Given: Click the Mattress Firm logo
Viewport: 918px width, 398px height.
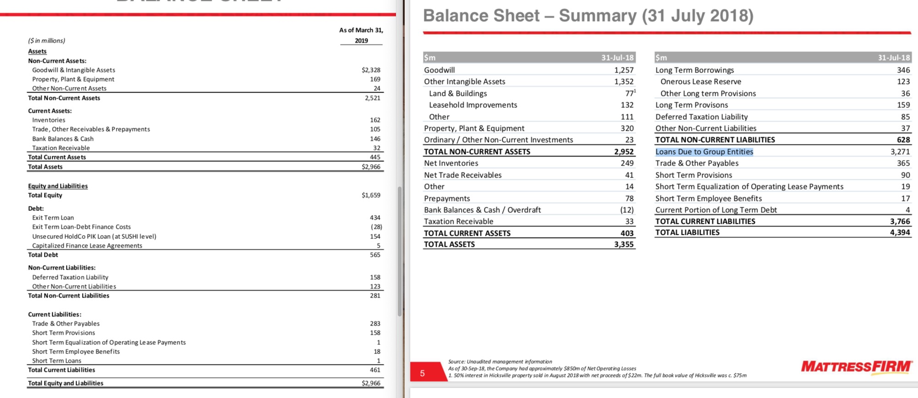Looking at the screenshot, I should point(856,367).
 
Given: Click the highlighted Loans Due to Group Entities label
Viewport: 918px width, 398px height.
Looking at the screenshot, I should point(704,152).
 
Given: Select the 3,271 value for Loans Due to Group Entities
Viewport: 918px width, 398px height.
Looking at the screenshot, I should point(900,152).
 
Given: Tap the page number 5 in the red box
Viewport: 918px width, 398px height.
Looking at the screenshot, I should point(422,373).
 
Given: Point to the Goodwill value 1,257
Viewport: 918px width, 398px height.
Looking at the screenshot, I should point(624,70).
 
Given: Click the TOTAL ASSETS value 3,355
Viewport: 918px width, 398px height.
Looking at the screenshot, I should point(624,244).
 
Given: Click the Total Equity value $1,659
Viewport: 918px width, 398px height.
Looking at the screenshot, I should point(371,195).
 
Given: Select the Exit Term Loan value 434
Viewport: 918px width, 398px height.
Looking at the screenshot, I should point(375,218).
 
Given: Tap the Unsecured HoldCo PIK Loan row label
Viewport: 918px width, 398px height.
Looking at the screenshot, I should point(94,237).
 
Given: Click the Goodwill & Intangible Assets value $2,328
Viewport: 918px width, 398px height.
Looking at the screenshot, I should point(371,70).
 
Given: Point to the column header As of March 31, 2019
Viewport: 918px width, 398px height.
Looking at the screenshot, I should point(361,35).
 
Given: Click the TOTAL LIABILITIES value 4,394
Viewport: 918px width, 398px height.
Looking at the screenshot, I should point(900,232).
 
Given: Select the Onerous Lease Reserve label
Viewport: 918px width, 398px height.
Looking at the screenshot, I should point(700,82).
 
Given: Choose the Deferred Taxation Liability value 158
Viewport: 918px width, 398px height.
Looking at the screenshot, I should point(375,277).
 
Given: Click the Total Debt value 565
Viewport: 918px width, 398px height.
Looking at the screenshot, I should point(375,255).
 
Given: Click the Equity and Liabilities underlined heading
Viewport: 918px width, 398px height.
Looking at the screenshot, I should point(58,186).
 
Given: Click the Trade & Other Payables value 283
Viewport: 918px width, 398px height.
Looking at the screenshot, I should point(375,324).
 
